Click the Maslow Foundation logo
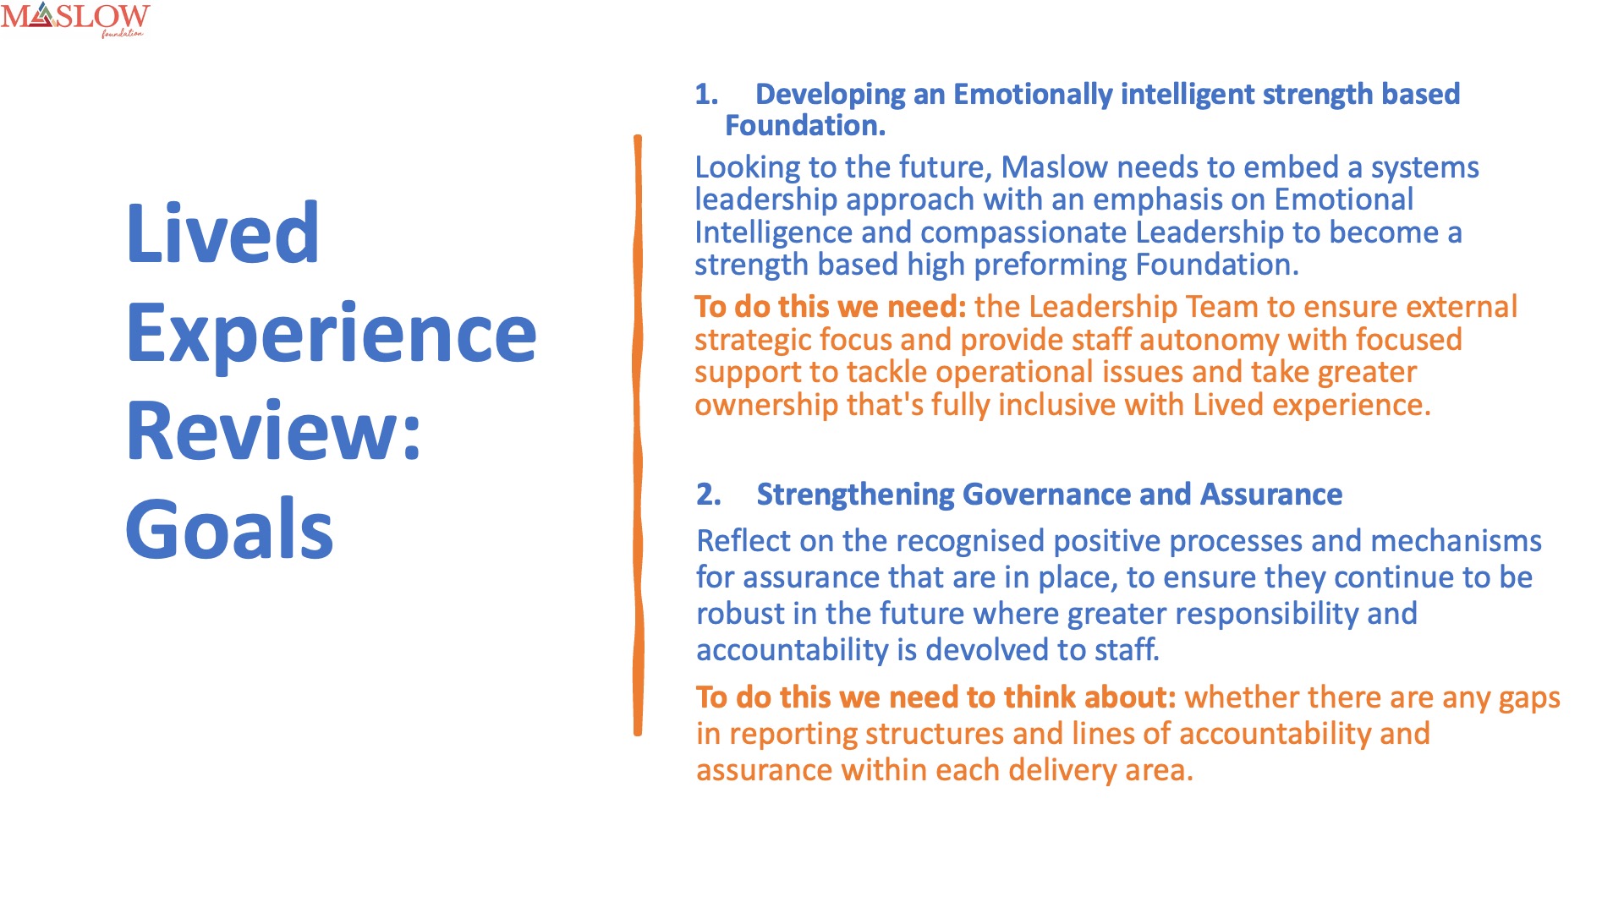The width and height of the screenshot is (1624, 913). pyautogui.click(x=75, y=19)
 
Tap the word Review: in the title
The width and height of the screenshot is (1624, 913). pyautogui.click(x=274, y=431)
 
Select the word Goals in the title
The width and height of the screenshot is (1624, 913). pyautogui.click(x=229, y=529)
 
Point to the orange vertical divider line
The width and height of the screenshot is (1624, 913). pyautogui.click(x=638, y=435)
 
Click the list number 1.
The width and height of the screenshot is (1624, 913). pyautogui.click(x=706, y=95)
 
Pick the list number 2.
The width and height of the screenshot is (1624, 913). pyautogui.click(x=709, y=495)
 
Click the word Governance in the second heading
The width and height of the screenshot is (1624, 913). pyautogui.click(x=1046, y=495)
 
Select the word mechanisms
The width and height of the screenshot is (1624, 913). pyautogui.click(x=1456, y=541)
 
